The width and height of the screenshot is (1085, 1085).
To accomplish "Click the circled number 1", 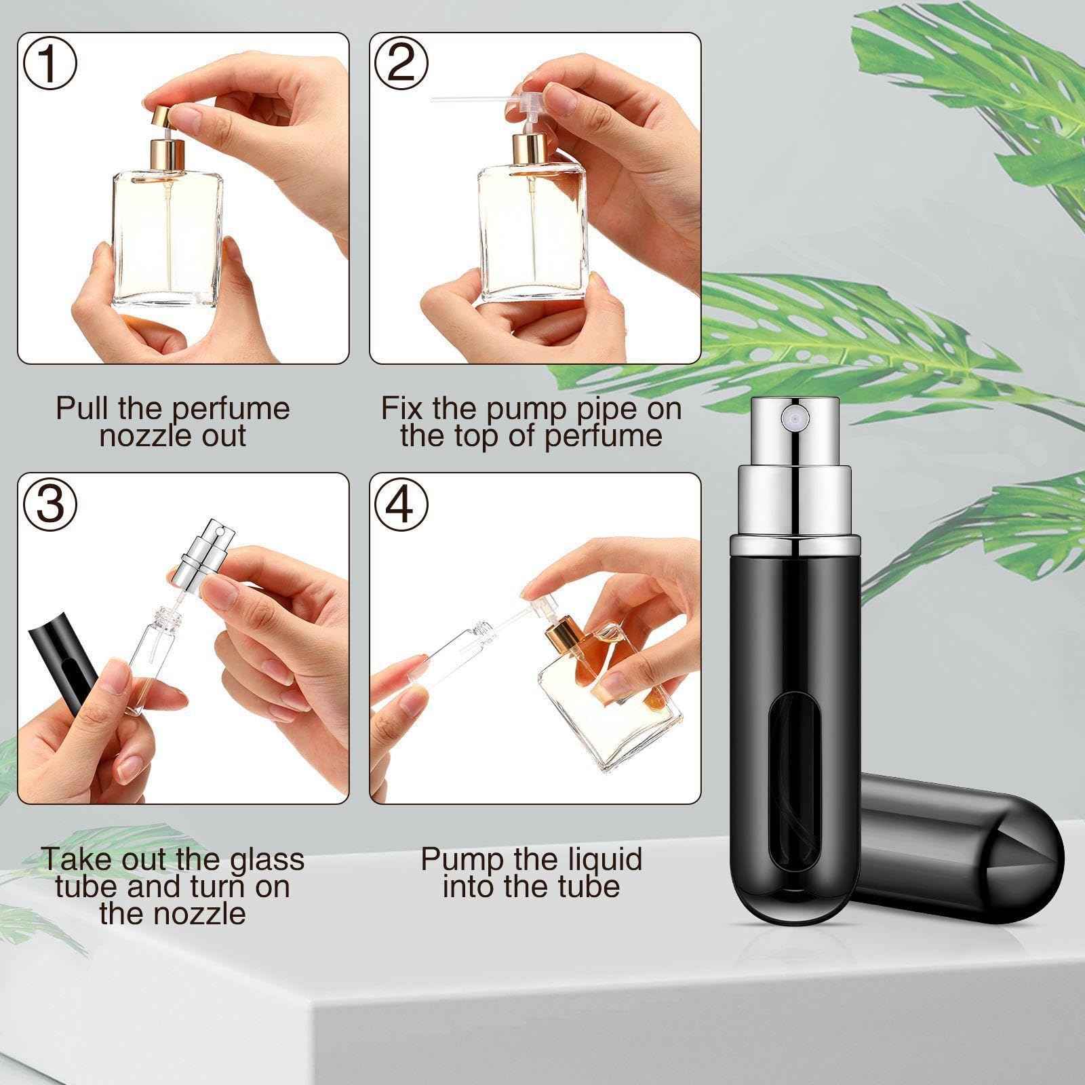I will [50, 62].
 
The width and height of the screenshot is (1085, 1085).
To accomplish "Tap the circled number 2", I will [401, 62].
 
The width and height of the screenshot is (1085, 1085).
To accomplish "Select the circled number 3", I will [50, 502].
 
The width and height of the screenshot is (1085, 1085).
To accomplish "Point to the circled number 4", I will [401, 502].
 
